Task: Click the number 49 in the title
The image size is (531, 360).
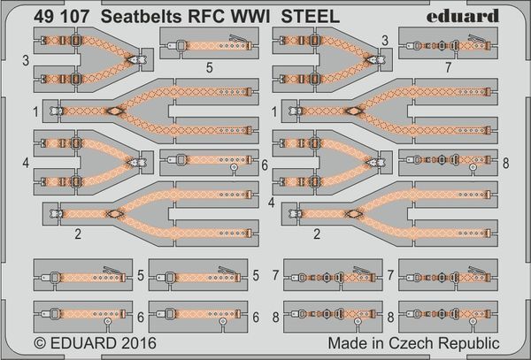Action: [x=43, y=17]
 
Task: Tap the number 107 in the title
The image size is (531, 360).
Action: [x=74, y=17]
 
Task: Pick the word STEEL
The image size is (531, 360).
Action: [x=311, y=17]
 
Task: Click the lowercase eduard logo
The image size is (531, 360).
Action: [x=463, y=16]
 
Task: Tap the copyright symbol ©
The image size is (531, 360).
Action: [x=40, y=343]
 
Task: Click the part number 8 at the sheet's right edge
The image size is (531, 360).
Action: [x=505, y=163]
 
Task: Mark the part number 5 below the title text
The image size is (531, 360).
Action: [x=209, y=68]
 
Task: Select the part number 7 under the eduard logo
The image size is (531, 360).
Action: [x=449, y=68]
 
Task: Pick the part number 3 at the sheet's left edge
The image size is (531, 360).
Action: [x=26, y=61]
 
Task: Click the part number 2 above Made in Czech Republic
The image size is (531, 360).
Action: [x=317, y=234]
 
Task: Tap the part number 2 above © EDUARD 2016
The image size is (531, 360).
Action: [x=78, y=234]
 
